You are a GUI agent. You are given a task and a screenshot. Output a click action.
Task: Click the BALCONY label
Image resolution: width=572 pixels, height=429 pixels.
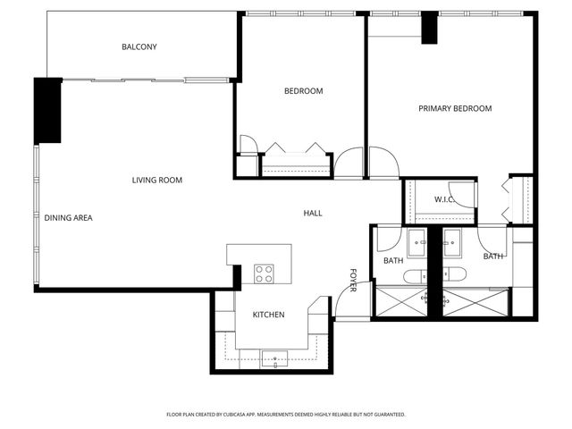point(139,46)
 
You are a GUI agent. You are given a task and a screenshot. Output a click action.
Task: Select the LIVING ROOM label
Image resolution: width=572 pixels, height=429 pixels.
point(157,181)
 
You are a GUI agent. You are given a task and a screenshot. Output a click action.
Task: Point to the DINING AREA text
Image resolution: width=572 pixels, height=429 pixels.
point(69,218)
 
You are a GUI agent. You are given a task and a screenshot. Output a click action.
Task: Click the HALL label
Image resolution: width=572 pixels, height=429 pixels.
point(313,214)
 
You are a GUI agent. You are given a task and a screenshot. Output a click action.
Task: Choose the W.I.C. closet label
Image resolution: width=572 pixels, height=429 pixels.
point(445,200)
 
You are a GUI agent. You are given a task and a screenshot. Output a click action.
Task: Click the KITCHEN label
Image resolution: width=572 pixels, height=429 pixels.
point(268,315)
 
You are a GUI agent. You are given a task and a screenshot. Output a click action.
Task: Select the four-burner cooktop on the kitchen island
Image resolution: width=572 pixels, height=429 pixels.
point(264,273)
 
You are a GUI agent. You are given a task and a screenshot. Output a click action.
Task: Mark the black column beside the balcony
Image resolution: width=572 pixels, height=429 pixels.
point(47,110)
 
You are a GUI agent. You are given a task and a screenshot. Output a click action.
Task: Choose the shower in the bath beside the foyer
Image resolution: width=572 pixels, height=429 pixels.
point(400,302)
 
